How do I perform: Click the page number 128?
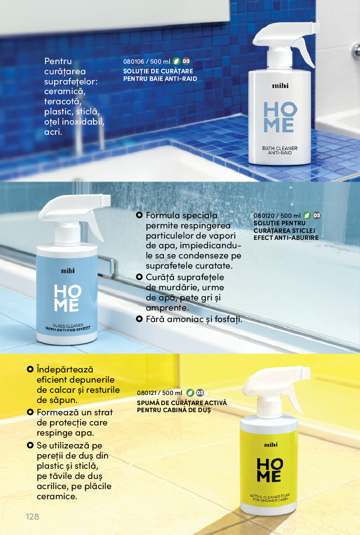point(33,516)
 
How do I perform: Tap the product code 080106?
point(134,61)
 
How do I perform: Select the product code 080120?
point(264,216)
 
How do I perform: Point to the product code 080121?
point(147,393)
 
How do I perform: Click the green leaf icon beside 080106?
point(176,61)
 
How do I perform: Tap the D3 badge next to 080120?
point(317,216)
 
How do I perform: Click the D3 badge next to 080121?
point(200,393)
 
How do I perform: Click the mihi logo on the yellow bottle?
point(271,445)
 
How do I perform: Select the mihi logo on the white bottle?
point(280,86)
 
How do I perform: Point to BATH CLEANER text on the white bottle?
point(280,148)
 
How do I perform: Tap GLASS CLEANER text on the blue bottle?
point(68,325)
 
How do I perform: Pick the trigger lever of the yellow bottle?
point(295,398)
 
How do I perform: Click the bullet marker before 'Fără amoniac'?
point(139,319)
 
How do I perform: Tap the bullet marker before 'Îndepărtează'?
point(30,369)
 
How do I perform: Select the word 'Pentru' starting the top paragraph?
point(58,61)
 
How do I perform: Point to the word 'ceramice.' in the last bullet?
point(57,497)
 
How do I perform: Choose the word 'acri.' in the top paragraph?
point(53,132)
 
